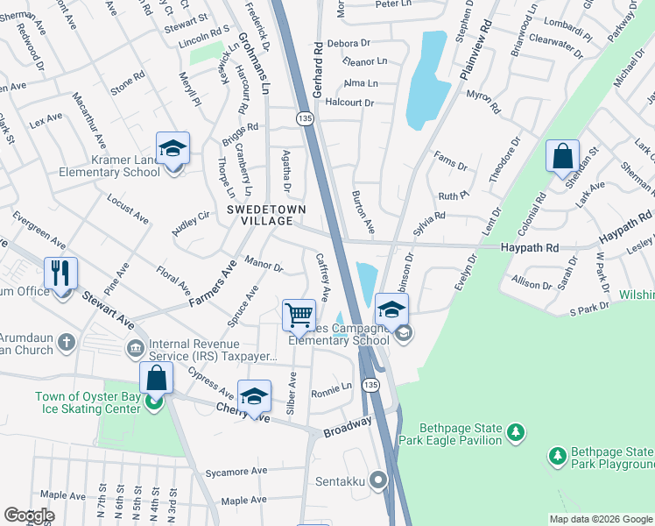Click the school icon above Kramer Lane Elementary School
tap(173, 149)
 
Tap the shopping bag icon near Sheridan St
tap(561, 158)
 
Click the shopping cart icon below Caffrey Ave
tap(299, 315)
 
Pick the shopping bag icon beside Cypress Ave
tap(156, 379)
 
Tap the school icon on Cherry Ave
tap(254, 396)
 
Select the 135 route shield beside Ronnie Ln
tap(371, 385)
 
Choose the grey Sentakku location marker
tap(378, 480)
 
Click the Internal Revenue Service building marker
tap(134, 348)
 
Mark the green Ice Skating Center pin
tap(155, 403)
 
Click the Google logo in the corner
tap(29, 515)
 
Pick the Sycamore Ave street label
tap(236, 472)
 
